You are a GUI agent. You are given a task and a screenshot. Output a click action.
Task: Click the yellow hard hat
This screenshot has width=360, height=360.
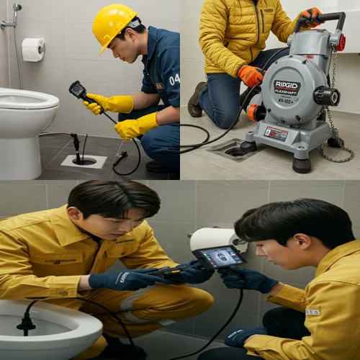(x=113, y=24)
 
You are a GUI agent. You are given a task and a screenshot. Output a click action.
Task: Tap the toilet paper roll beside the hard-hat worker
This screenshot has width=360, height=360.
(x=32, y=49)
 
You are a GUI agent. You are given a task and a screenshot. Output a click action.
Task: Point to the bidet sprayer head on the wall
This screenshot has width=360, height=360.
(x=16, y=9)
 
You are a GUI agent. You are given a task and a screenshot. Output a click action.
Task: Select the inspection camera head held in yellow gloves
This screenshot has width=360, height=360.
(x=77, y=89)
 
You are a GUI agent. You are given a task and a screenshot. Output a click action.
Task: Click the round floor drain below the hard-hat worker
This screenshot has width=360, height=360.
(x=84, y=161)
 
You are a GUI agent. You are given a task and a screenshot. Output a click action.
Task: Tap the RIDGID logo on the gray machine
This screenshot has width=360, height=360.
(x=287, y=87)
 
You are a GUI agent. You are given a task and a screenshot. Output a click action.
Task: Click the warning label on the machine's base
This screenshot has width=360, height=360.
(x=276, y=133)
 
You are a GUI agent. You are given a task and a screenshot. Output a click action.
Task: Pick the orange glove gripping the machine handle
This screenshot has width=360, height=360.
(x=311, y=16)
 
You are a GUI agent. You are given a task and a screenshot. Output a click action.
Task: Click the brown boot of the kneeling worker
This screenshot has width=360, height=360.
(x=195, y=100)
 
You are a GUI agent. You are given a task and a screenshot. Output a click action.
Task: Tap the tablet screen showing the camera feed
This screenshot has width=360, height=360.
(x=219, y=257)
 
